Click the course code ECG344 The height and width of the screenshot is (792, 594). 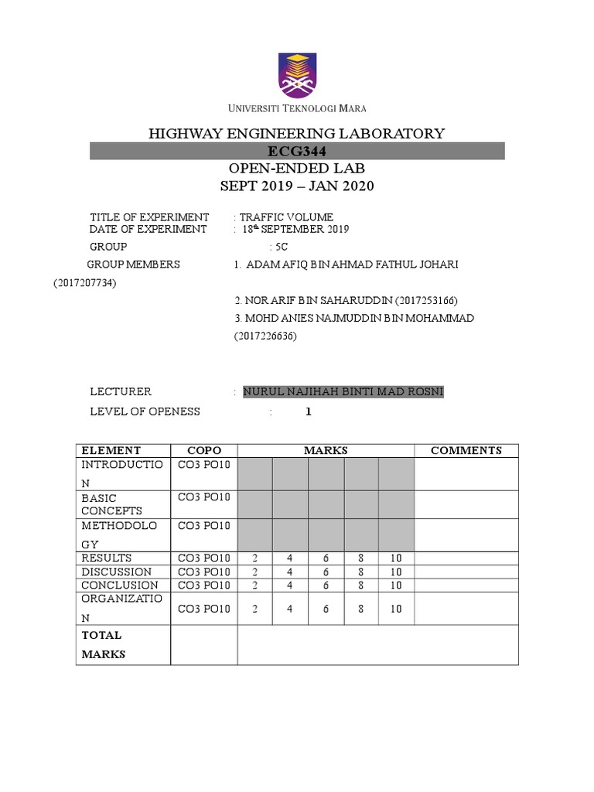[x=297, y=151]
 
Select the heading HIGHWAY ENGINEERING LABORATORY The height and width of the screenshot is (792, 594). [x=297, y=134]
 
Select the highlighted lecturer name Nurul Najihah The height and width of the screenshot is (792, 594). [x=343, y=391]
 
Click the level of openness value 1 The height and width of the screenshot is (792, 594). [x=308, y=411]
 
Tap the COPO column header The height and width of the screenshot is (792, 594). [x=203, y=450]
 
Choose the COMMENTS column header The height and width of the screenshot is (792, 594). [x=466, y=450]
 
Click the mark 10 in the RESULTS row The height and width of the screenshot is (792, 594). [x=396, y=558]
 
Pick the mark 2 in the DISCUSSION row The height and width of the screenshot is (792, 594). [x=254, y=572]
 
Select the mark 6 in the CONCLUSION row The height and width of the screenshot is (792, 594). [x=326, y=585]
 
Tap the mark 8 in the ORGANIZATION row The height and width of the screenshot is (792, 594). [x=361, y=609]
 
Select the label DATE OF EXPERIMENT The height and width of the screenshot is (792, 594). [x=148, y=229]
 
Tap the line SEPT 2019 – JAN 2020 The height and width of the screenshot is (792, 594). [x=297, y=186]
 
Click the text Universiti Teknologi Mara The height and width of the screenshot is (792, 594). [x=297, y=108]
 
